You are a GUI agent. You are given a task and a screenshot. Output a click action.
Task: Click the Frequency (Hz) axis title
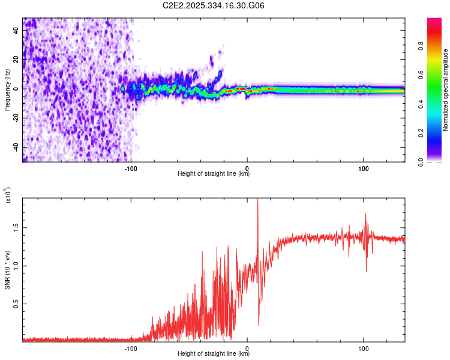pos(7,90)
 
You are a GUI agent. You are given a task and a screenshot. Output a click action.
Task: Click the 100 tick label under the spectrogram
pos(363,167)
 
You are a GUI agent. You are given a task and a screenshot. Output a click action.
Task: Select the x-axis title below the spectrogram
pos(214,174)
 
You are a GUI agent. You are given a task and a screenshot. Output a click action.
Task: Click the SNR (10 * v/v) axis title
pos(7,270)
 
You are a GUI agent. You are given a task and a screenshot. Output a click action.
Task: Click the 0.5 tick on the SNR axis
pos(16,304)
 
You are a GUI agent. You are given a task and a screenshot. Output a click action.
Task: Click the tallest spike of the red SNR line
pos(257,200)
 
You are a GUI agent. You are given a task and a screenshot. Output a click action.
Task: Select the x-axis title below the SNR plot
pos(214,354)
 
